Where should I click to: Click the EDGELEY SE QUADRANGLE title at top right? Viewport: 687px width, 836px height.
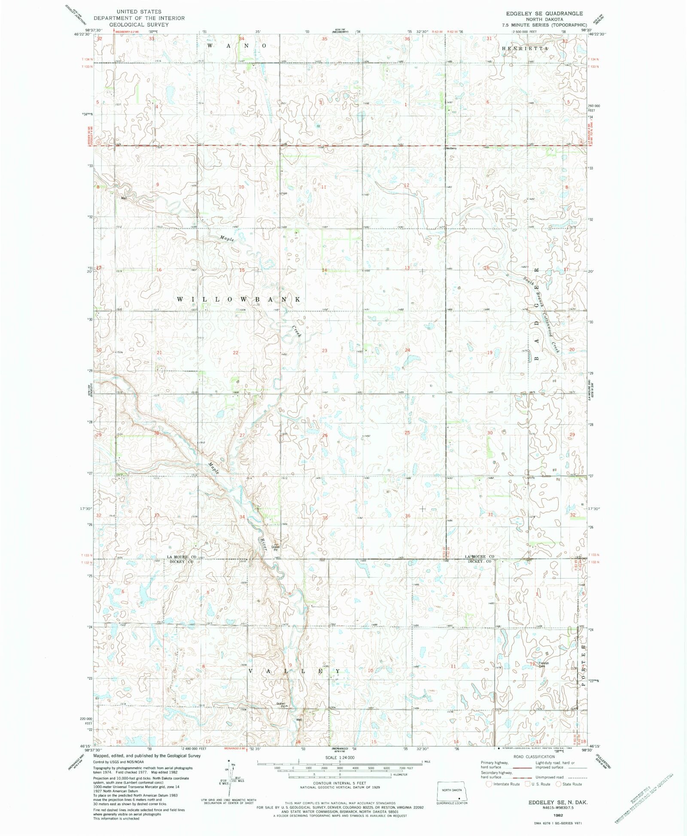[x=544, y=13]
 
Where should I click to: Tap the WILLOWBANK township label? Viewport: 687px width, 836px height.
[x=239, y=299]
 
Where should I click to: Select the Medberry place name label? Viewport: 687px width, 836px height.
[x=451, y=148]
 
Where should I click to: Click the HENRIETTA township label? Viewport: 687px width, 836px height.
[x=525, y=49]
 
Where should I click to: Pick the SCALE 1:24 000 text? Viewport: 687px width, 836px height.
[x=339, y=758]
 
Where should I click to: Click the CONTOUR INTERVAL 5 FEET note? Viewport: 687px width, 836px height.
[x=339, y=783]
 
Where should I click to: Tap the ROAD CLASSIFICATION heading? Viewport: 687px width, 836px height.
[x=534, y=757]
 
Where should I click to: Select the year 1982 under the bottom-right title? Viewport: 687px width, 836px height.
[x=558, y=815]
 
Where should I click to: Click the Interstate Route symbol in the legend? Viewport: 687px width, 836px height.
[x=489, y=784]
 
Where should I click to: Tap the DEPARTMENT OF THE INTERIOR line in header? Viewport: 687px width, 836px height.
[x=139, y=18]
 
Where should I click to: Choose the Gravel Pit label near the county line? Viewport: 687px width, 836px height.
[x=275, y=547]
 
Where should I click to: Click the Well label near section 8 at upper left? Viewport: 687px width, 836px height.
[x=124, y=198]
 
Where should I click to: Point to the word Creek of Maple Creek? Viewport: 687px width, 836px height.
[x=297, y=331]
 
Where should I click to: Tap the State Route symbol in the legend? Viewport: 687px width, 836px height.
[x=559, y=784]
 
